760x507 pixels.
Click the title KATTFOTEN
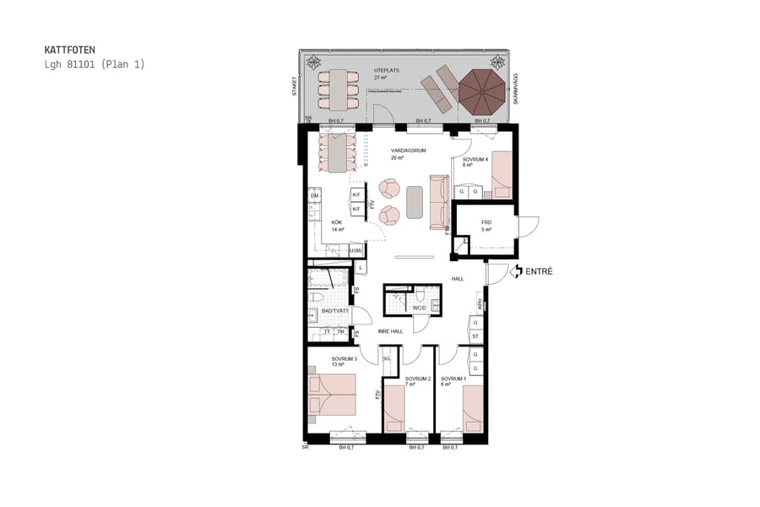[69, 50]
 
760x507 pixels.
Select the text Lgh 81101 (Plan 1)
[95, 64]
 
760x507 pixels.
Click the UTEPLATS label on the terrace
[388, 70]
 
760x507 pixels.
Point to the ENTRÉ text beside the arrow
[539, 271]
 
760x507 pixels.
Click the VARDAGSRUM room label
[408, 150]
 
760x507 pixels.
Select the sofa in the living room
[439, 201]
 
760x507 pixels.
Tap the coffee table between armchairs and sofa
[415, 201]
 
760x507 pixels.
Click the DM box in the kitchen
[314, 196]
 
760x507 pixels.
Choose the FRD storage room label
[486, 223]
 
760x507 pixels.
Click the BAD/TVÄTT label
[335, 312]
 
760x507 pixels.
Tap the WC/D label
[419, 308]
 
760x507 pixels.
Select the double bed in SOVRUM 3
[333, 397]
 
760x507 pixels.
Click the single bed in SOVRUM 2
[394, 408]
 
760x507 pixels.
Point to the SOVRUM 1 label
[453, 379]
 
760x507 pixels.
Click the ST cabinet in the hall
[475, 335]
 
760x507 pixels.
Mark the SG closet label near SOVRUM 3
[387, 359]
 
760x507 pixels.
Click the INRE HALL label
[389, 331]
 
